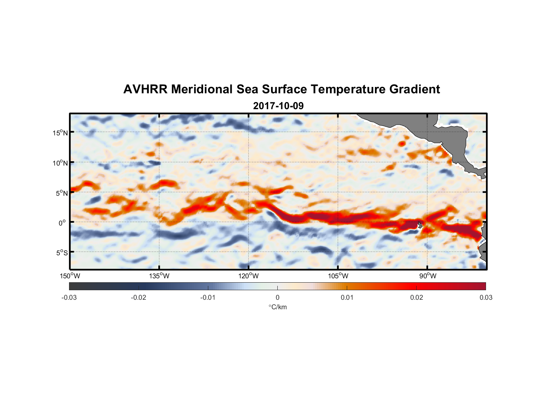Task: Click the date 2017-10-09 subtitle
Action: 278,106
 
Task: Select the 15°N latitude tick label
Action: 60,133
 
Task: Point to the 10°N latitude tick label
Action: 60,163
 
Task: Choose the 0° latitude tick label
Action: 62,223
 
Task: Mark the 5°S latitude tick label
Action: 61,253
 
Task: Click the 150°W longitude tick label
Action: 70,276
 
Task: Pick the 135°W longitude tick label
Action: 159,276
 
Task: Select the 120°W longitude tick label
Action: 249,276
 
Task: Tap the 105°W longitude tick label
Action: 338,276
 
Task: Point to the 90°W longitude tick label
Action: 428,276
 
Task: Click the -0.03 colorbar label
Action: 69,297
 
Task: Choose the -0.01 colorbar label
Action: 208,297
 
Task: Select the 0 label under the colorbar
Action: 277,297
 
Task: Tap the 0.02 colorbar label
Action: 417,297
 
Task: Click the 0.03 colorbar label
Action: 486,297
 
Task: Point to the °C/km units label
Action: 277,307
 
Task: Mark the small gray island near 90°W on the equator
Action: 420,225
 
